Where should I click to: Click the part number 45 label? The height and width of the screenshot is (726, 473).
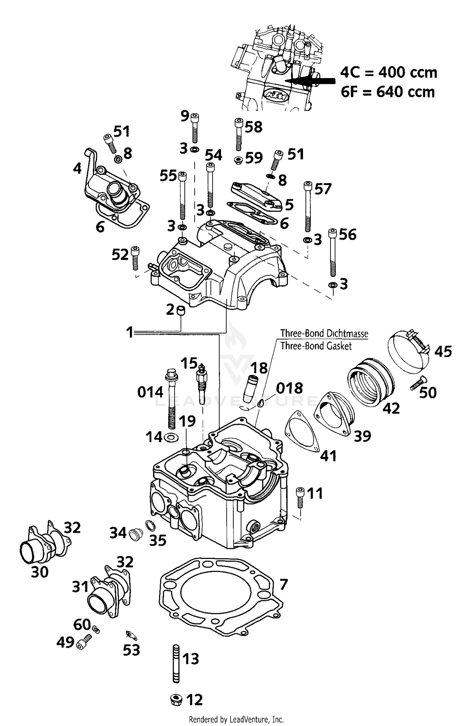[x=443, y=351]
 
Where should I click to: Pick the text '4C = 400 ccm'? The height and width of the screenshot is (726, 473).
[x=388, y=73]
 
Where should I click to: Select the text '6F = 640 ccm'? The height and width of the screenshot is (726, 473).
[x=388, y=92]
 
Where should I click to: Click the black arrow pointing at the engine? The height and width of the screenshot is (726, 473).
[x=312, y=81]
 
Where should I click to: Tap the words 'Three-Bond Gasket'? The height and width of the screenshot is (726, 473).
[x=316, y=346]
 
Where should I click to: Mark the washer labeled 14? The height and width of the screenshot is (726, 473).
[x=171, y=438]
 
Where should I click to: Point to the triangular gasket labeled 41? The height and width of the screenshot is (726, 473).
[x=302, y=432]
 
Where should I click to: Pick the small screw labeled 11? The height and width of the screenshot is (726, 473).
[x=300, y=498]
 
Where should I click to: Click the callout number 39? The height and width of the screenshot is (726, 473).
[x=362, y=436]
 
